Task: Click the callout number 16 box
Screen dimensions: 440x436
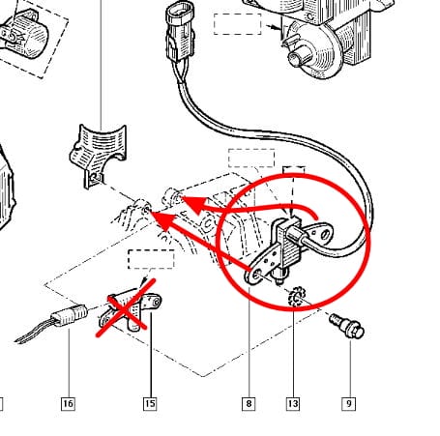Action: [68, 404]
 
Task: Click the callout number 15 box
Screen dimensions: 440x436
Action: [150, 404]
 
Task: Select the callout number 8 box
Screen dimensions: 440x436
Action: [249, 404]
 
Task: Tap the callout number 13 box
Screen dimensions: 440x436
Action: [293, 404]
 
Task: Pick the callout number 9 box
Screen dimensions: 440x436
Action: [349, 404]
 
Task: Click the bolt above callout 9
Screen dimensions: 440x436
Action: [347, 326]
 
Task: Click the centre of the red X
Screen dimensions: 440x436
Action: [126, 308]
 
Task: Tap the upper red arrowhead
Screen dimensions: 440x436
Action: [194, 205]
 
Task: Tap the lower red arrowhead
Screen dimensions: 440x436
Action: [163, 221]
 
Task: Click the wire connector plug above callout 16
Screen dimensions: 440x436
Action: [70, 314]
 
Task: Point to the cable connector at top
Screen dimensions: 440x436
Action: [181, 31]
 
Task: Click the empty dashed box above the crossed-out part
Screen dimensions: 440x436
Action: [151, 259]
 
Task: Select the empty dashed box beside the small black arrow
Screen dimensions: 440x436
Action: [237, 24]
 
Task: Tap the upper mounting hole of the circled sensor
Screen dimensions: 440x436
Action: [325, 233]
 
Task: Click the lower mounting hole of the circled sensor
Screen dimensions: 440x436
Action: [257, 275]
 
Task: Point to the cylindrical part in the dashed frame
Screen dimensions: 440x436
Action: [24, 36]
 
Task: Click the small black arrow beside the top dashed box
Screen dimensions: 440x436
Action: [274, 27]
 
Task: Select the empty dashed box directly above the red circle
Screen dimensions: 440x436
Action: [251, 158]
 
